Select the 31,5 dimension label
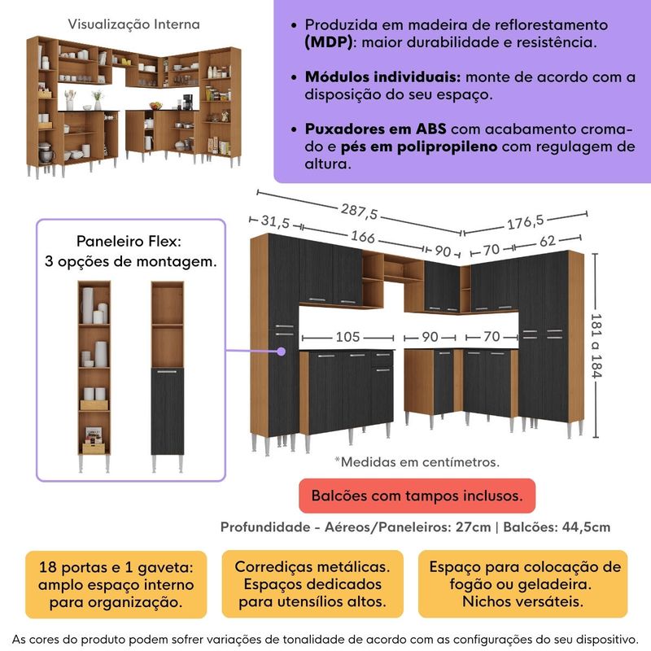pyautogui.click(x=277, y=221)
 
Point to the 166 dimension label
pyautogui.click(x=363, y=238)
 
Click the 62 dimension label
pyautogui.click(x=546, y=241)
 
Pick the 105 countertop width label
pyautogui.click(x=347, y=336)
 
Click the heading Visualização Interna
pyautogui.click(x=133, y=25)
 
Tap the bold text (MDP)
pyautogui.click(x=331, y=42)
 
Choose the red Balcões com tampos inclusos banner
pyautogui.click(x=416, y=495)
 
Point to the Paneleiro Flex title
pyautogui.click(x=129, y=242)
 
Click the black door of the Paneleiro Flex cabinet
pyautogui.click(x=168, y=411)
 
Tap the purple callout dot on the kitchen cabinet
pyautogui.click(x=282, y=352)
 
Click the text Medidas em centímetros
pyautogui.click(x=417, y=461)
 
